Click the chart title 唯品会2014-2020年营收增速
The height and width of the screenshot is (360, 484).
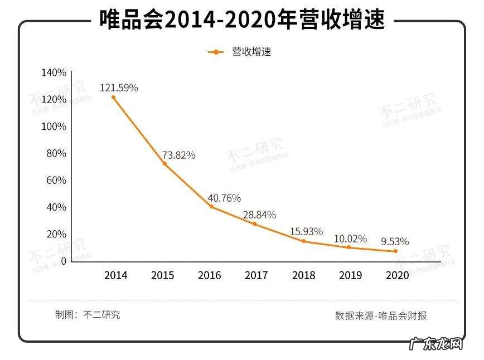(242, 20)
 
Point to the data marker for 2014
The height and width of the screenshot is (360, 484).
(113, 98)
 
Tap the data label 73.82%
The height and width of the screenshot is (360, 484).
(178, 155)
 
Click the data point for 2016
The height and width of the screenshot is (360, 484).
(212, 207)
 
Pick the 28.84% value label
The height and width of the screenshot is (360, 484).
(259, 215)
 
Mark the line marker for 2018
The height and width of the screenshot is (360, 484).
(304, 241)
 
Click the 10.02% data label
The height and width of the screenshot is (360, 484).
(350, 239)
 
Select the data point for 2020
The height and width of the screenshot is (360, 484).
(396, 251)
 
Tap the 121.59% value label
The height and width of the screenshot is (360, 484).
(119, 87)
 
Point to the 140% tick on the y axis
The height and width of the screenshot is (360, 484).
(54, 73)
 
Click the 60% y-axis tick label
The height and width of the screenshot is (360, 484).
(56, 181)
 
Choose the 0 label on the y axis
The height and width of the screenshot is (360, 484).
(64, 261)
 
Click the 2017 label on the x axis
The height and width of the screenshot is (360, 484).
(256, 275)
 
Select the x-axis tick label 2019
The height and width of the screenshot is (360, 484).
(350, 275)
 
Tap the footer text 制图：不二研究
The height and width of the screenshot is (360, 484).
(88, 315)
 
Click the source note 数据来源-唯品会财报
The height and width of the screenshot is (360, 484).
(381, 315)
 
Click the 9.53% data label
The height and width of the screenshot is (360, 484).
(395, 242)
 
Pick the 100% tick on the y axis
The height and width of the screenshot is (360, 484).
(54, 127)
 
